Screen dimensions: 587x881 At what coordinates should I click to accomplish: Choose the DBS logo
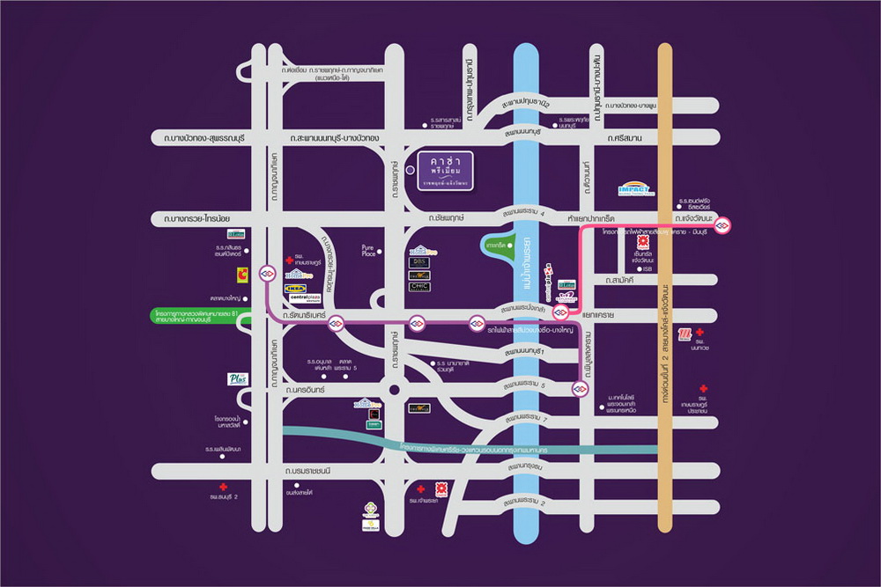click(420, 262)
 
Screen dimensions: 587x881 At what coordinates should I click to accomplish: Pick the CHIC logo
click(420, 286)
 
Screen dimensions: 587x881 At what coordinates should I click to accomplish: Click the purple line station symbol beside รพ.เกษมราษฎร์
click(268, 273)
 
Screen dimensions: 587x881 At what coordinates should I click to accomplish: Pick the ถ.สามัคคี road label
click(623, 279)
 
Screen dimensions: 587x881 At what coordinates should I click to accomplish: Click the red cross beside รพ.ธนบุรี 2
click(224, 487)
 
